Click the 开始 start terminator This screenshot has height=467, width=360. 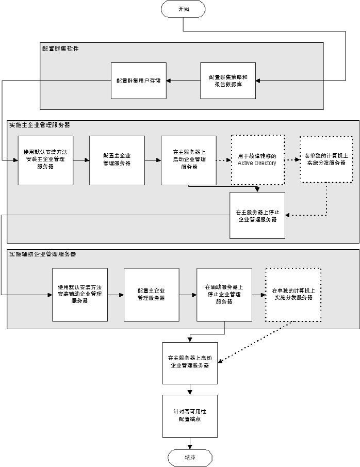click(184, 9)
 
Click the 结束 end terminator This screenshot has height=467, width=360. click(190, 457)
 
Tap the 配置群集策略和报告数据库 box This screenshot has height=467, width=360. click(228, 80)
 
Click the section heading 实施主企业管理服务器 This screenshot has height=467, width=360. click(40, 125)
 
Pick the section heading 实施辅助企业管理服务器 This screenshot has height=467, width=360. click(43, 254)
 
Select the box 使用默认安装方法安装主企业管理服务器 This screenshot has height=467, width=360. click(45, 160)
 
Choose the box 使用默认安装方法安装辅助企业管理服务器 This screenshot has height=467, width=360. click(80, 294)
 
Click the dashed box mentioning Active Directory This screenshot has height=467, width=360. click(257, 160)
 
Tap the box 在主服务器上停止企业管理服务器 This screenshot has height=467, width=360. click(257, 215)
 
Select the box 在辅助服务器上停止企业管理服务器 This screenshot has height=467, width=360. click(224, 294)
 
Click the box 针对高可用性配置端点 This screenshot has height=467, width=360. click(190, 416)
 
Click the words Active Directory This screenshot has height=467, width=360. click(257, 163)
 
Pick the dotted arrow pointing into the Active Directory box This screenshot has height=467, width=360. click(223, 160)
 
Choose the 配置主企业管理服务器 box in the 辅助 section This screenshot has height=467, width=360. click(152, 294)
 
